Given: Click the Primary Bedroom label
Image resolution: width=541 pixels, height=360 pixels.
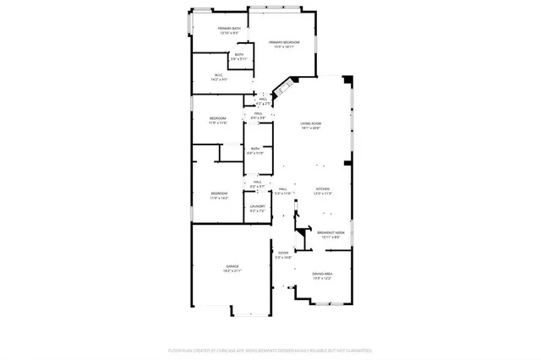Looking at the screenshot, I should [284, 42].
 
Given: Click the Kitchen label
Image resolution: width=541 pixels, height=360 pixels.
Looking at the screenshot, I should [322, 189].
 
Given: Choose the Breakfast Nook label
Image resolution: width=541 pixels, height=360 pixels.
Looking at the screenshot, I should [331, 232].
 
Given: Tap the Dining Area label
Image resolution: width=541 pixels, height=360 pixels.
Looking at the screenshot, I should [321, 273].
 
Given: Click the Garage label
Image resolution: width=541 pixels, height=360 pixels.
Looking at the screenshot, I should [232, 266].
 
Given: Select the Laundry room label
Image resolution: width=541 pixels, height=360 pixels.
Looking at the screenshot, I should [257, 206].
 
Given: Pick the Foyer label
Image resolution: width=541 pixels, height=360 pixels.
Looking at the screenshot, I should [282, 253].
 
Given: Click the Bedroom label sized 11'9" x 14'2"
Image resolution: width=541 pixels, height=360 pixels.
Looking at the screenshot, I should [219, 194].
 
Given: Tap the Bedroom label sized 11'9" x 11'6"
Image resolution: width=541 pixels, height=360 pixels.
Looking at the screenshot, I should [218, 118].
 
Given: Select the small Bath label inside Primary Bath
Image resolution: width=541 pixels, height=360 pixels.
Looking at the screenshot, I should [239, 55].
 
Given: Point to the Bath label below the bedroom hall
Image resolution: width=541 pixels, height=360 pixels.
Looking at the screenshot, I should [255, 149].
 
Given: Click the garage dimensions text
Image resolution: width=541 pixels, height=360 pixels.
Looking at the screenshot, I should [232, 271].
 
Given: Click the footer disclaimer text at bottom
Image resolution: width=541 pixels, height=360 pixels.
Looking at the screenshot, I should [270, 349].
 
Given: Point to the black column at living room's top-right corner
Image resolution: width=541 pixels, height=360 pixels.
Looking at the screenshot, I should [346, 80].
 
